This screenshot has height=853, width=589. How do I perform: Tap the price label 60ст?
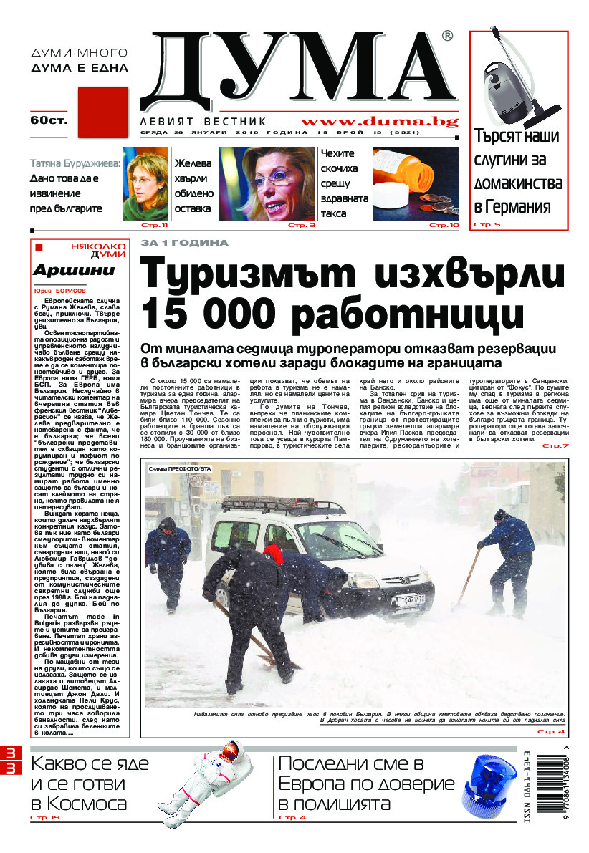click(49, 120)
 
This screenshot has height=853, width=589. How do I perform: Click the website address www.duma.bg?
click(380, 121)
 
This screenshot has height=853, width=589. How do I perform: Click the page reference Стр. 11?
click(157, 226)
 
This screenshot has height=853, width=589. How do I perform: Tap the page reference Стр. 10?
click(444, 226)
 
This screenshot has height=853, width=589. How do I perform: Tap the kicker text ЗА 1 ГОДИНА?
click(184, 244)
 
